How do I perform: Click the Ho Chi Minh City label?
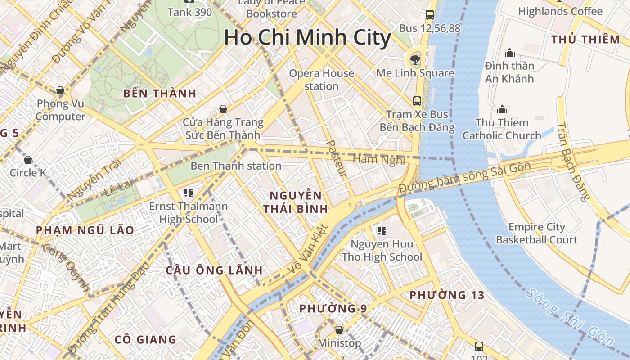coord(307,38)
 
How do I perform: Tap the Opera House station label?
coord(321,80)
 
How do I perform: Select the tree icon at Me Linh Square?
coord(415,59)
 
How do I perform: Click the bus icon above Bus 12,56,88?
coord(430,15)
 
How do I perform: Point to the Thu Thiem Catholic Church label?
coord(502,129)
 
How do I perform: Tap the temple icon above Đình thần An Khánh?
coord(509,53)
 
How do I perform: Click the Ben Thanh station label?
coord(236,166)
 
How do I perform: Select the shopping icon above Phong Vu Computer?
coord(60,90)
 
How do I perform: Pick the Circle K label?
coord(28,173)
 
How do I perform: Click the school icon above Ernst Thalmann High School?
coord(189,193)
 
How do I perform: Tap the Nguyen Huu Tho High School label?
coord(382,251)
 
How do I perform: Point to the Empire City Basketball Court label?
coord(536,233)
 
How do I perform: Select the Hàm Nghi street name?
coord(379,160)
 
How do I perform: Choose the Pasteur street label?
coord(336,158)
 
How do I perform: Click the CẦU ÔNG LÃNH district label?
coord(214,270)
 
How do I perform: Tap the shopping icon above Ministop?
coord(339,330)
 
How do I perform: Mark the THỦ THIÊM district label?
coord(585,40)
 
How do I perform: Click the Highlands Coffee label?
coord(560,11)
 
